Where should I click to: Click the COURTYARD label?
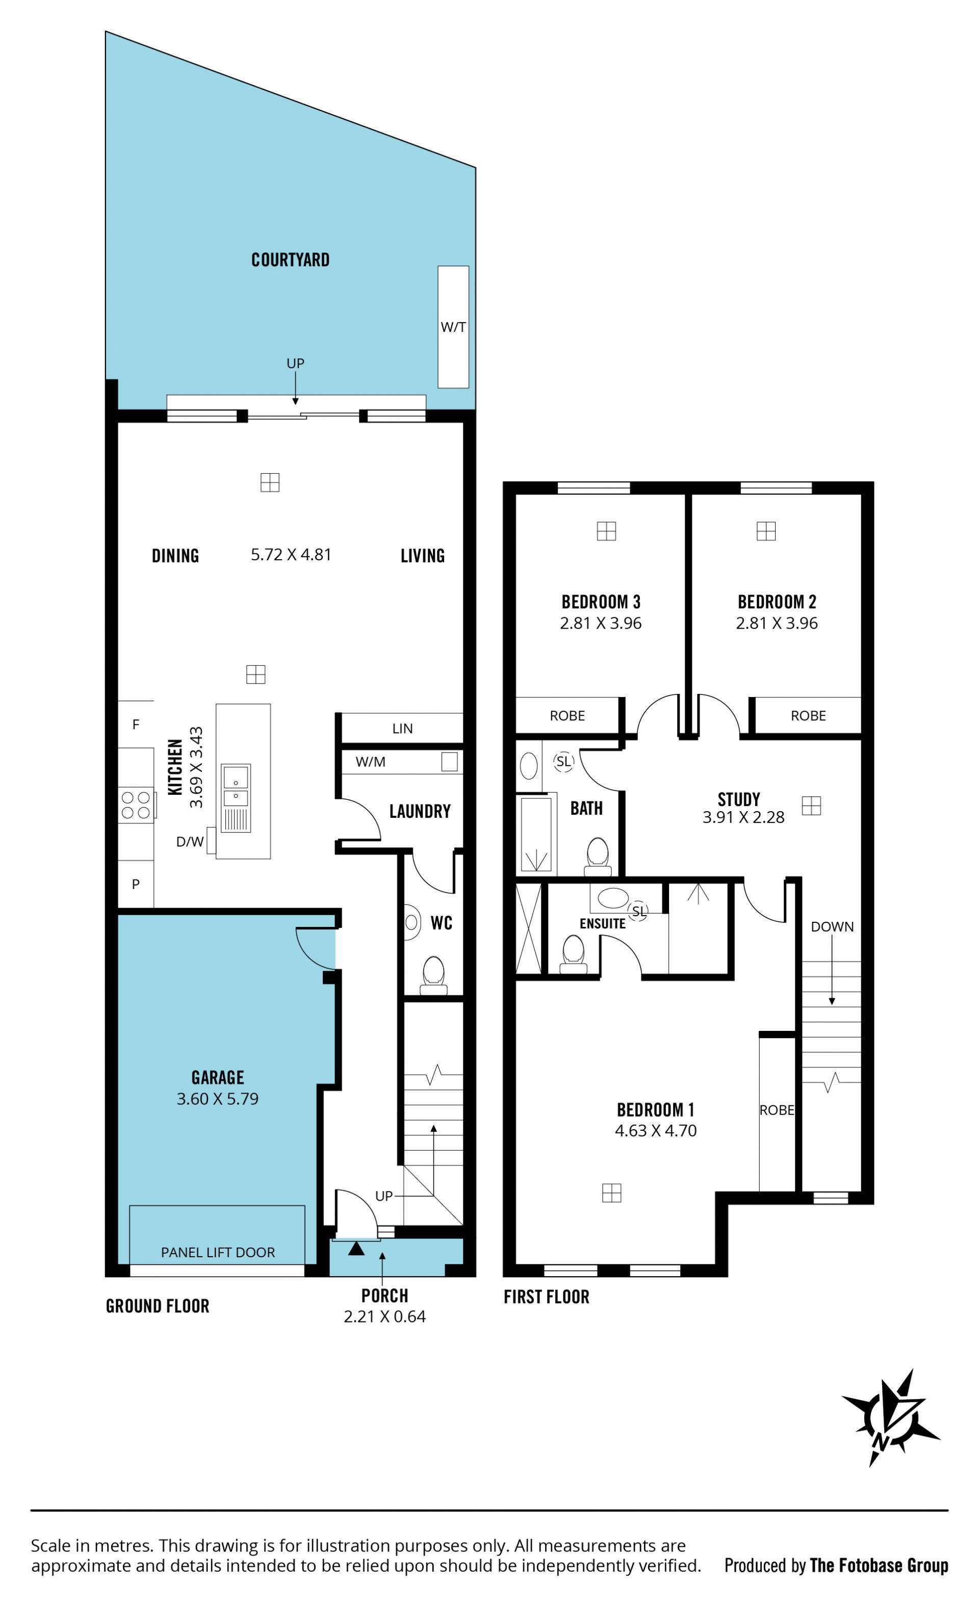(x=290, y=260)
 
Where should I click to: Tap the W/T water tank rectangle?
(x=453, y=327)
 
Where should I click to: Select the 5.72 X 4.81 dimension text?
(x=291, y=555)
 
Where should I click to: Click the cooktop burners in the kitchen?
(x=136, y=805)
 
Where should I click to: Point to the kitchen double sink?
(x=236, y=786)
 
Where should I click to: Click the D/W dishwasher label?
(x=190, y=842)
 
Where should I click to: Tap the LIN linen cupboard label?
(x=402, y=729)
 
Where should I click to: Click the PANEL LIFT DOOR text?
(x=218, y=1252)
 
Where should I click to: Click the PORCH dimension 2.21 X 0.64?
(x=385, y=1317)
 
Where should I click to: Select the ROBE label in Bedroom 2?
(x=808, y=716)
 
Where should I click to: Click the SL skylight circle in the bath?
(x=563, y=761)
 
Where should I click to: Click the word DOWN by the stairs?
(x=832, y=927)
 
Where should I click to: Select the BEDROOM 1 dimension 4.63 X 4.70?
(x=656, y=1131)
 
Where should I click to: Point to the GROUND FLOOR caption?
(x=158, y=1306)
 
